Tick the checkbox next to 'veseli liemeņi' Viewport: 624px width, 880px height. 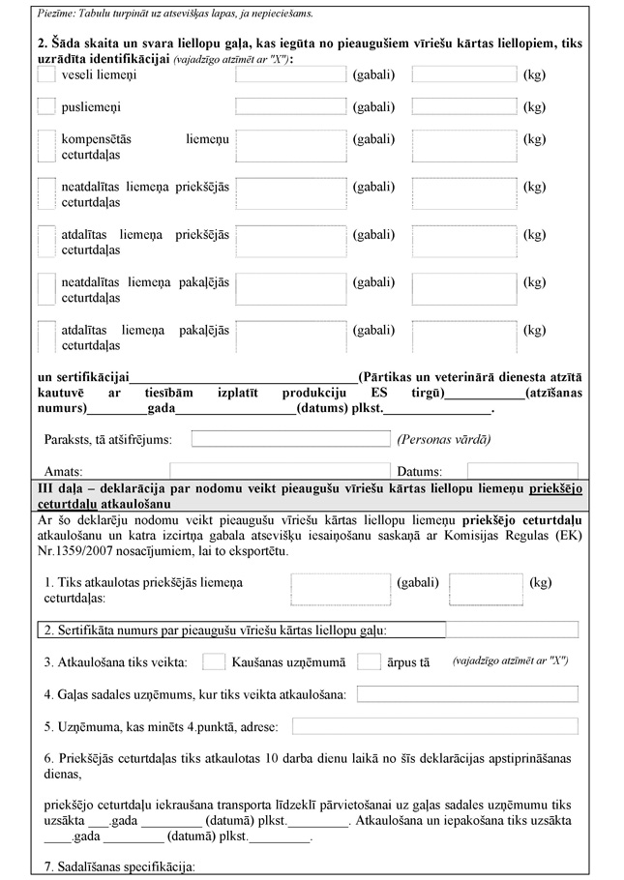tap(45, 75)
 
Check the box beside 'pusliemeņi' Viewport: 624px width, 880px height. tap(45, 106)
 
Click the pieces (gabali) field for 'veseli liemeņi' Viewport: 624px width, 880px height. tap(291, 74)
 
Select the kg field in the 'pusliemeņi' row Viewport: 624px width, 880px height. tap(463, 106)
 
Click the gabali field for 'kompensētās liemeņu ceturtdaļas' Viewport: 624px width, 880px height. tap(291, 147)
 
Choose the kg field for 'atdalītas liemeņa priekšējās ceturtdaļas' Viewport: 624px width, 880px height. tap(463, 242)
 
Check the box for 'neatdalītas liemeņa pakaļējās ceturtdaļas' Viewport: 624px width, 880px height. tap(45, 287)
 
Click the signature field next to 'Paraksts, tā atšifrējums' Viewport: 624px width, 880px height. tap(290, 439)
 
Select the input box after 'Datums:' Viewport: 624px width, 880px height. tap(509, 471)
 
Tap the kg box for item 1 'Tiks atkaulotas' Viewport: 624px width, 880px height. tap(486, 589)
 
